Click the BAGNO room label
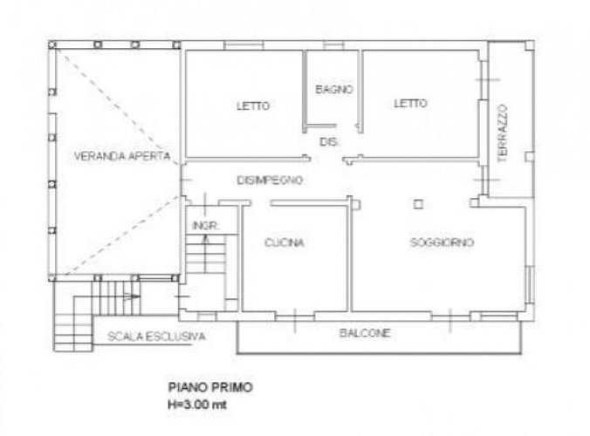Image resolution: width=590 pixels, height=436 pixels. pos(334,90)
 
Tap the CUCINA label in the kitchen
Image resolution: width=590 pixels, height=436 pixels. pos(284,242)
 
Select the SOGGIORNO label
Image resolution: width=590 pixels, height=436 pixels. pos(442,242)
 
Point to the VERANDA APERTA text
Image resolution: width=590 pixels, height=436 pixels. pos(122,156)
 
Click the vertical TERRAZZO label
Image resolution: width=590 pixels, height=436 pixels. pos(503,133)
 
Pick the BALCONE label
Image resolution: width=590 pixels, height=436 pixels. pos(365,333)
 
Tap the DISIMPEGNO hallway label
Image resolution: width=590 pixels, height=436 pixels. pos(270,181)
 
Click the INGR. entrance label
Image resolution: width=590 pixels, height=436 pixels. pos(205,226)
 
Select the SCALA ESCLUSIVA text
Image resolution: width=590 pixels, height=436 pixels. pos(156,337)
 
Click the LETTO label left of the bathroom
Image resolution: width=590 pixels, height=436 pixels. pos(253,106)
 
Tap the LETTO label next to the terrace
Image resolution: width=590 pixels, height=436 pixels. pos(410,104)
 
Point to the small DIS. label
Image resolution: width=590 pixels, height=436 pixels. pos(329,142)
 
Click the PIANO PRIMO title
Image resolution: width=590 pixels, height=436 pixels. pos(210,387)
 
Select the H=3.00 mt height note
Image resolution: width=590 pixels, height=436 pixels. pos(197,405)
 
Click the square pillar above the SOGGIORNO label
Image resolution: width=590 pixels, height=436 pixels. pos(418,204)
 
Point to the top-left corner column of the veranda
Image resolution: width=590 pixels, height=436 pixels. pos(52,45)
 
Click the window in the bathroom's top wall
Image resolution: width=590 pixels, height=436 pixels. pos(333,46)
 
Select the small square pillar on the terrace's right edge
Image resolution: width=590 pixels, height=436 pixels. pos(530,156)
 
